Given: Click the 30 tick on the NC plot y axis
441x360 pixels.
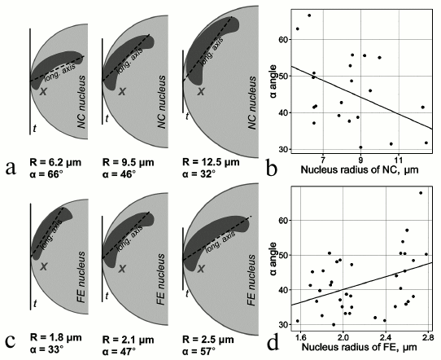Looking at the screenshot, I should (281, 149).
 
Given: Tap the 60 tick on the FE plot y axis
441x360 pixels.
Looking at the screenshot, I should (281, 220).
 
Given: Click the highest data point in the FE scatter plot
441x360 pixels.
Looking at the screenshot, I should (420, 193).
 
